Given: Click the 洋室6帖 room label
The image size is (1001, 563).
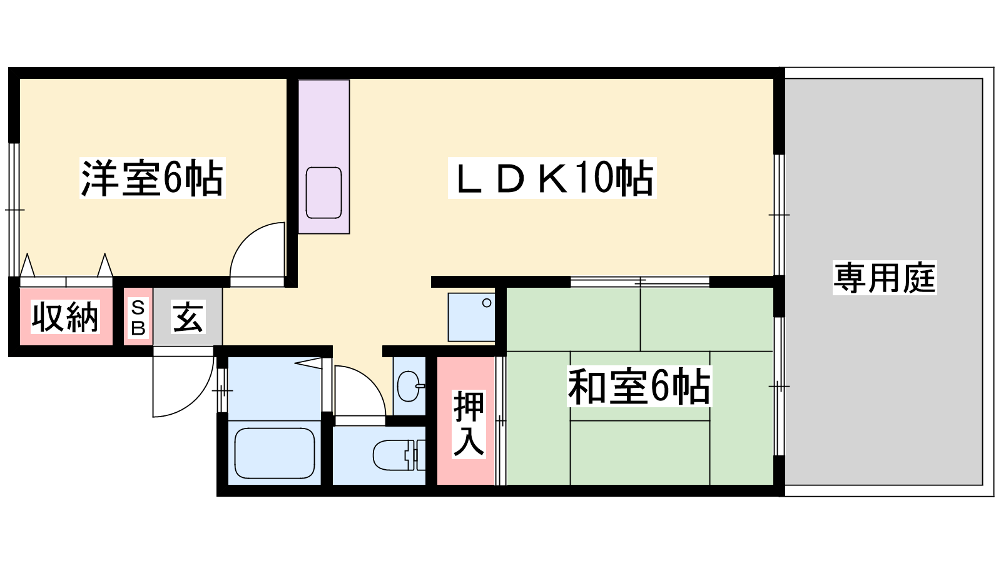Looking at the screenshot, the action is point(153,178).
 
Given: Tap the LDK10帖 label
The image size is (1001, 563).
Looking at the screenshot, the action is point(552,178).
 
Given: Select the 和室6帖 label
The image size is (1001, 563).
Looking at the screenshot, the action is point(639,387).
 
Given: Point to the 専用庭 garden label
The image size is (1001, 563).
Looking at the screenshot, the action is point(885,278).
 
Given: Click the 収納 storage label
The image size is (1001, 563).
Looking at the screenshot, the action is point(65,317).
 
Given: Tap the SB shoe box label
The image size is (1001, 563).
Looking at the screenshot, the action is point(138,318).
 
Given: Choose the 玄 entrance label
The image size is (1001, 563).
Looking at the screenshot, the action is point(188,317).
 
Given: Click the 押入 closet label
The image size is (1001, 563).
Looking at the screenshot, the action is point(469,424).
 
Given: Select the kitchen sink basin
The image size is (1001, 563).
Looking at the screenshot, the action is point(323,193).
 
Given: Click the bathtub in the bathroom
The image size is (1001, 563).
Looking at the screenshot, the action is point(275,453).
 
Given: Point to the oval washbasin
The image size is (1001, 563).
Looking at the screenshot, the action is point(409,386).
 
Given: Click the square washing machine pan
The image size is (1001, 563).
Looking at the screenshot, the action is point(472,317).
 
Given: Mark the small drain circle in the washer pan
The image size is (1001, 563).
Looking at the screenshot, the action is point(487,303).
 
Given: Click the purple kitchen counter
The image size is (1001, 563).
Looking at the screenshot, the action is point(324,157).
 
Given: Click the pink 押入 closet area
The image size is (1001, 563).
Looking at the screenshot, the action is point(465,421).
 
